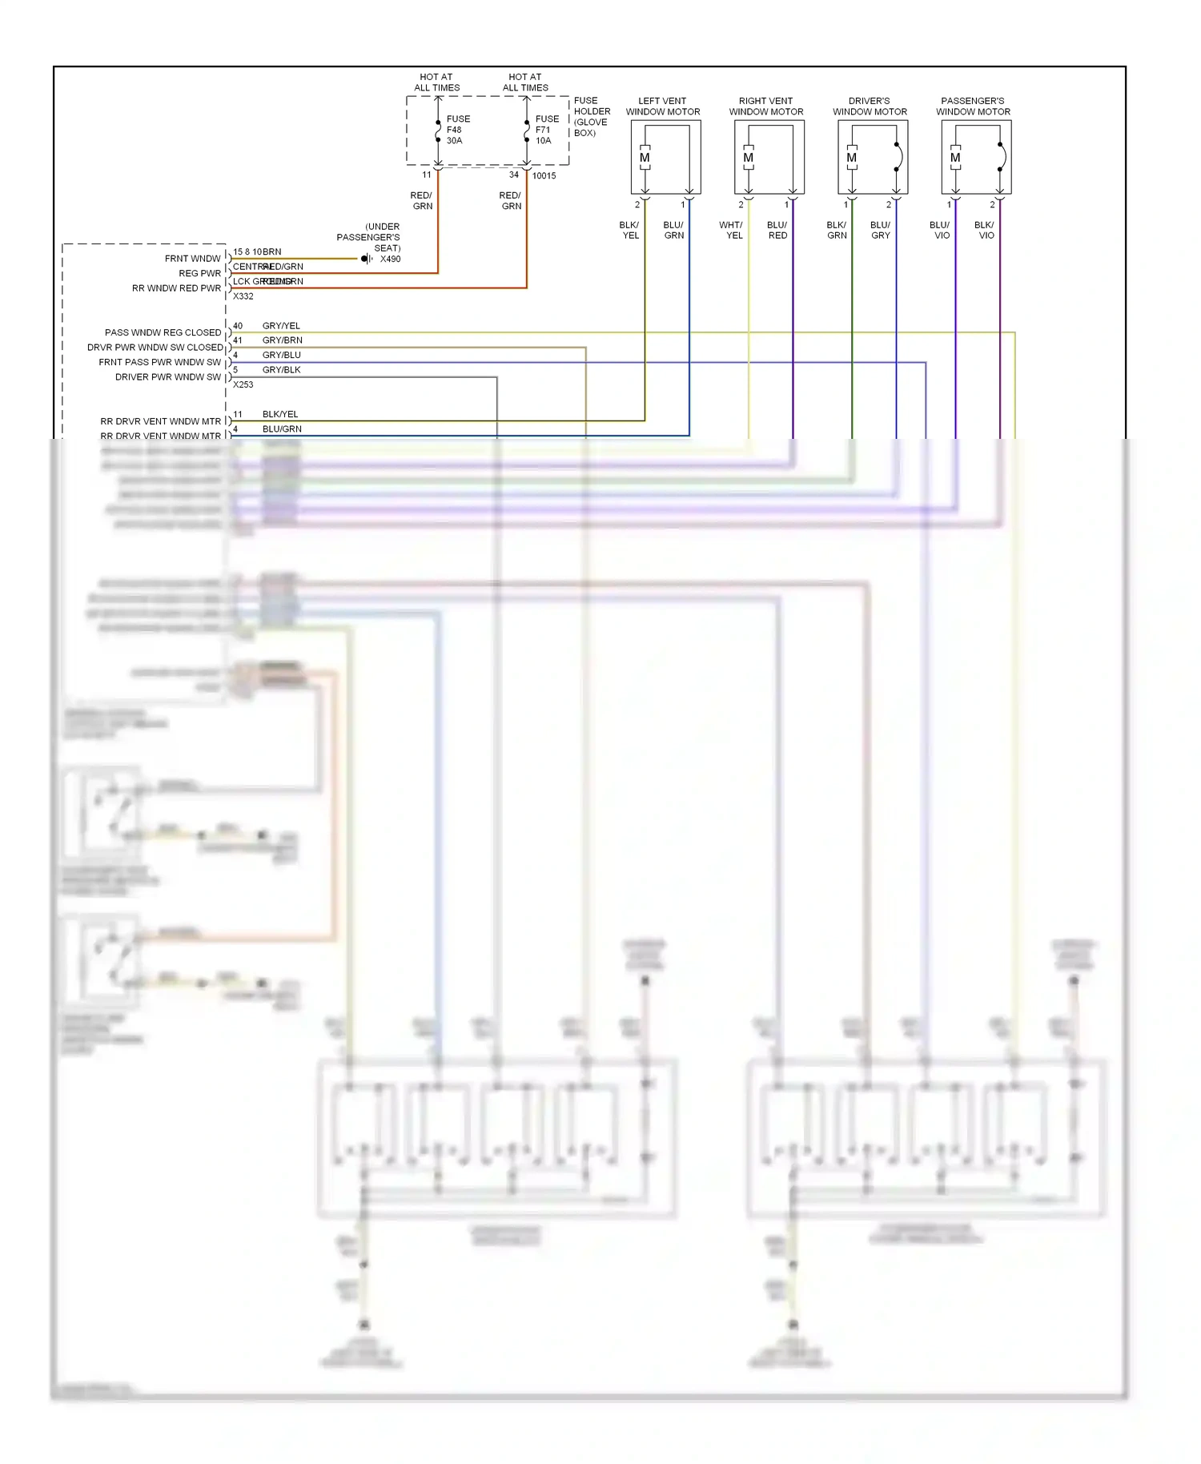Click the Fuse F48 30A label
458,130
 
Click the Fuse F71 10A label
547,130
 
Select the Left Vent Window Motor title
662,107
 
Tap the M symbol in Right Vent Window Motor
748,158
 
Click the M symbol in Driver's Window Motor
851,158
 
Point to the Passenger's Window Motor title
973,107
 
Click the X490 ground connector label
390,259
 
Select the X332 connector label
243,296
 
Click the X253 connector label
243,384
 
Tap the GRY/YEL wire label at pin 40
281,326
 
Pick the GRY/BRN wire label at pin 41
282,340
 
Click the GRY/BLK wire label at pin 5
281,370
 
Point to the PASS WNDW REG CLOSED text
163,332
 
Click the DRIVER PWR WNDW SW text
167,377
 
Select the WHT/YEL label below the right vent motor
731,231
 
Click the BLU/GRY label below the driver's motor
880,231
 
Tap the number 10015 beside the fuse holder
544,176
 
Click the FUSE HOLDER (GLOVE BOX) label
591,117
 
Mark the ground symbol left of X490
366,259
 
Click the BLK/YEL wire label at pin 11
279,414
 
